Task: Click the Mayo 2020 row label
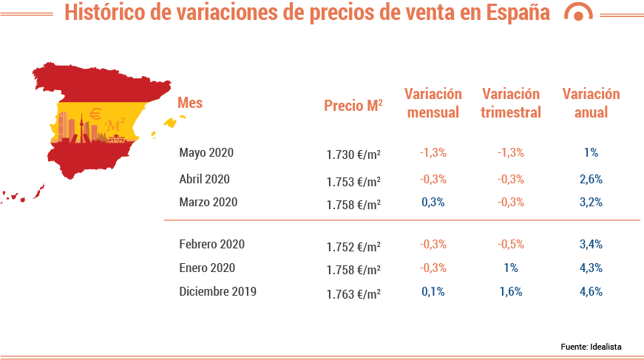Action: [x=206, y=153]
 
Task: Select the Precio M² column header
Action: [x=353, y=106]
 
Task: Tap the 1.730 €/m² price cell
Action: [x=353, y=154]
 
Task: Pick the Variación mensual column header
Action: [x=433, y=103]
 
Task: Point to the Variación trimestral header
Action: [x=510, y=103]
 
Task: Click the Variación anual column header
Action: [x=591, y=103]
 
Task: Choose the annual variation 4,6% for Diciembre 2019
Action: [x=591, y=291]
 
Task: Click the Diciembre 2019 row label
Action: [x=217, y=291]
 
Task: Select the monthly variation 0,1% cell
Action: [x=433, y=291]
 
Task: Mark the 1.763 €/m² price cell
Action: [x=353, y=293]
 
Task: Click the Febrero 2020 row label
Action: [x=211, y=244]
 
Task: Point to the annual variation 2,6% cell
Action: [x=591, y=179]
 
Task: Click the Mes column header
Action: [x=190, y=103]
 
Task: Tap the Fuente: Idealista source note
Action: [x=591, y=346]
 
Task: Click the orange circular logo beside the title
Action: [x=578, y=13]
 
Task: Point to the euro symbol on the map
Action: [x=95, y=114]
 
